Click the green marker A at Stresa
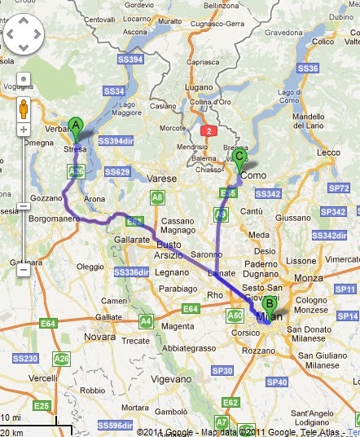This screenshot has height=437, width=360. [x=76, y=126]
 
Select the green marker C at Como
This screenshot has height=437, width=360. [x=239, y=156]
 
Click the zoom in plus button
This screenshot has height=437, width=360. [x=24, y=130]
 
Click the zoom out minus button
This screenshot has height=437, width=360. [x=24, y=269]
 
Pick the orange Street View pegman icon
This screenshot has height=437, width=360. [x=24, y=108]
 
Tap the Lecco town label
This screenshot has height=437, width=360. [x=329, y=152]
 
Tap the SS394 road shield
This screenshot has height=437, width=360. [x=131, y=59]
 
